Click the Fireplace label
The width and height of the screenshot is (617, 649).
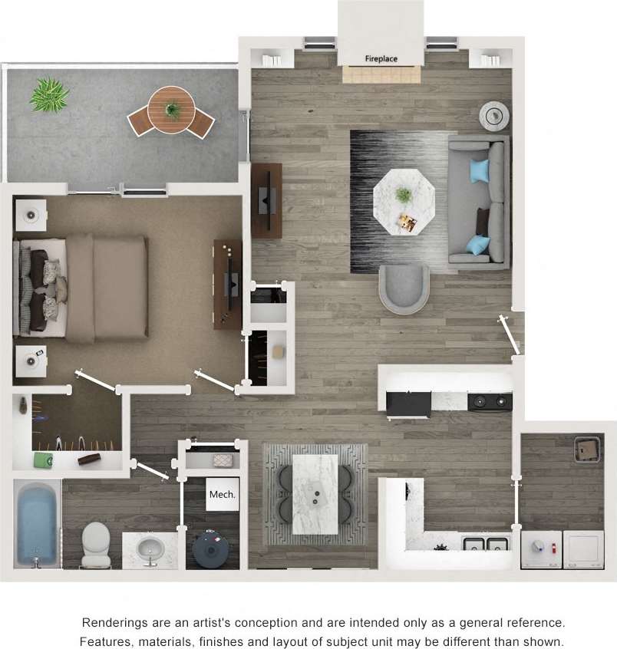(381, 58)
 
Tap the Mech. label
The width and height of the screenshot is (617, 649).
(223, 494)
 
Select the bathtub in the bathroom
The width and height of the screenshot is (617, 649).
(38, 524)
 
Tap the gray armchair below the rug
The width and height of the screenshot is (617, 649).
(404, 288)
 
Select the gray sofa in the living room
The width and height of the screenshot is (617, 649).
(479, 203)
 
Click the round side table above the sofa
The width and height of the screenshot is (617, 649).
(494, 116)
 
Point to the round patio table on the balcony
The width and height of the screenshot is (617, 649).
(171, 110)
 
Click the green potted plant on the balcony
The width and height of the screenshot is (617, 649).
(50, 95)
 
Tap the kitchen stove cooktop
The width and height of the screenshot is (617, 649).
(490, 401)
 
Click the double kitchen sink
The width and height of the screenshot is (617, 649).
(487, 544)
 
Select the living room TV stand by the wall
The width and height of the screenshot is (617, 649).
(266, 200)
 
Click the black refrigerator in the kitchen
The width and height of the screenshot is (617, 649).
(407, 403)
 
